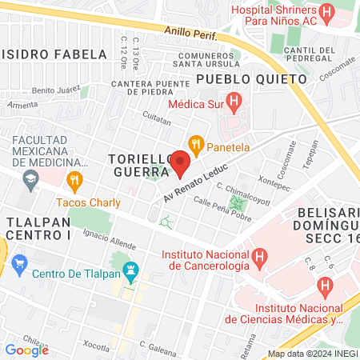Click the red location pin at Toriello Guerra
point(180,163)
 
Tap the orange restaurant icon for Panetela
point(195,145)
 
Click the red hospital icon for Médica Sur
point(234,102)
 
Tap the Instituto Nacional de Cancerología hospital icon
point(258,257)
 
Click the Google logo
point(26,350)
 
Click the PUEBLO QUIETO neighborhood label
point(251,80)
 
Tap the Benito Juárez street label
point(54,92)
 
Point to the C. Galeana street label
point(157,346)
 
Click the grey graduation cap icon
point(30,178)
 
